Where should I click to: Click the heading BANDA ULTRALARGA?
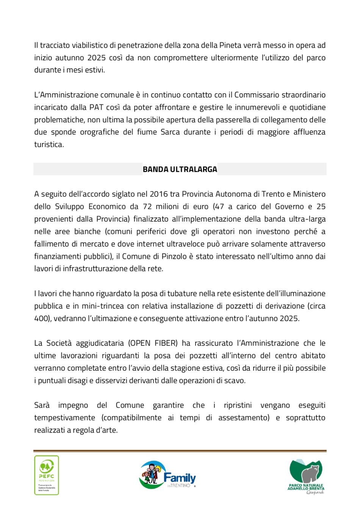pyautogui.click(x=180, y=169)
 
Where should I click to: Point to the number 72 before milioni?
pyautogui.click(x=147, y=207)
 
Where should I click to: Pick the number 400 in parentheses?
pyautogui.click(x=41, y=318)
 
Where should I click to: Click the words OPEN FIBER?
pyautogui.click(x=153, y=343)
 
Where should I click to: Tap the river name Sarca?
pyautogui.click(x=170, y=132)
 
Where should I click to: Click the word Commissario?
pyautogui.click(x=255, y=95)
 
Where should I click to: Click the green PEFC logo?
pyautogui.click(x=47, y=475)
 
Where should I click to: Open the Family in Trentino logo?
pyautogui.click(x=167, y=475)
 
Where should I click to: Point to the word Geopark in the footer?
pyautogui.click(x=315, y=492)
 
